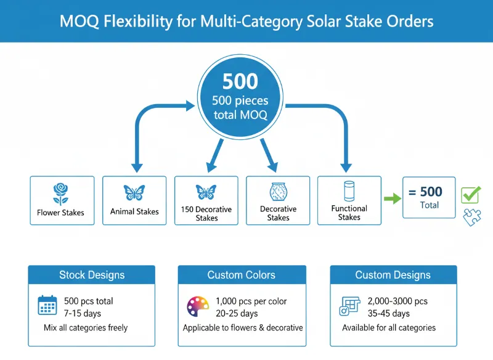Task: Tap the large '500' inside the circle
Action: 240,82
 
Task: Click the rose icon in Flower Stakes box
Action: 60,193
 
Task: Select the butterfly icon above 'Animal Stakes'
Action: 134,192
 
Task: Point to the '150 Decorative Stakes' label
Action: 206,213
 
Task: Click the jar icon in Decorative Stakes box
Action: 278,192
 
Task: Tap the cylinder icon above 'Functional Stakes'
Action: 349,190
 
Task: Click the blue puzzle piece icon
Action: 472,216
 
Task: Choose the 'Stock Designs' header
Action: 92,275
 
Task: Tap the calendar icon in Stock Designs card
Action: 47,306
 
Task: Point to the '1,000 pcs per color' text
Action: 251,301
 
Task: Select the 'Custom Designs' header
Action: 393,275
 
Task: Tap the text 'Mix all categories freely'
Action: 86,327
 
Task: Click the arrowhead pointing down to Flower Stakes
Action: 137,166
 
